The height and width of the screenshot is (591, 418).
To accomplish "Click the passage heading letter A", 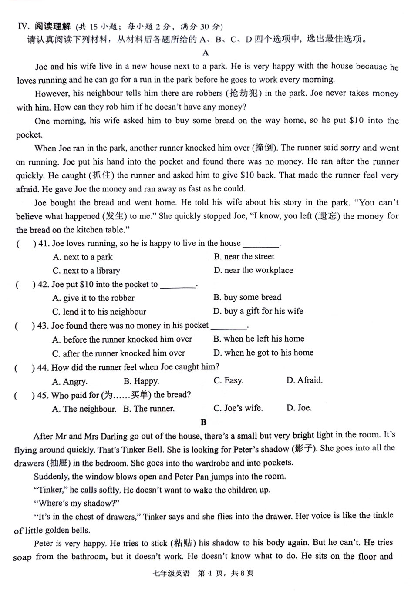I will pyautogui.click(x=206, y=53).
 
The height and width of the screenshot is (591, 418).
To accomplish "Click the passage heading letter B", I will pyautogui.click(x=203, y=422).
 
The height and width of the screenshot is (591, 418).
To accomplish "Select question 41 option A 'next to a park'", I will pyautogui.click(x=83, y=257).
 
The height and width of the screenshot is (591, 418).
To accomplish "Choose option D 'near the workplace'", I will pyautogui.click(x=253, y=270).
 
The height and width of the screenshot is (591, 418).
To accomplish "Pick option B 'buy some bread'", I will pyautogui.click(x=247, y=297).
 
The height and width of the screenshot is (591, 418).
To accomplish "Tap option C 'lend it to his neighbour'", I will pyautogui.click(x=99, y=312).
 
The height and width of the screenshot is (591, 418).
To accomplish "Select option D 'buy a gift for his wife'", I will pyautogui.click(x=258, y=311).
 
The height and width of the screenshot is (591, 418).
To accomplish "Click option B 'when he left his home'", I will pyautogui.click(x=259, y=339).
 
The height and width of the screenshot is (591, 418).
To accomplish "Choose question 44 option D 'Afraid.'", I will pyautogui.click(x=304, y=380).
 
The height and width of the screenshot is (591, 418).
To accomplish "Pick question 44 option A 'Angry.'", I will pyautogui.click(x=70, y=382).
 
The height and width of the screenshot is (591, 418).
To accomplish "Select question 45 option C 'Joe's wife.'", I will pyautogui.click(x=238, y=408).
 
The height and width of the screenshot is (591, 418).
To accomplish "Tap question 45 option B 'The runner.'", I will pyautogui.click(x=148, y=409).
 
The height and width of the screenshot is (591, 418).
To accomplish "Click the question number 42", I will pyautogui.click(x=43, y=285).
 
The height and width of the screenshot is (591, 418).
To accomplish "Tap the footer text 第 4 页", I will pyautogui.click(x=212, y=573).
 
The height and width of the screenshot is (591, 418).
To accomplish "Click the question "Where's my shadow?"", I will pyautogui.click(x=77, y=503).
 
